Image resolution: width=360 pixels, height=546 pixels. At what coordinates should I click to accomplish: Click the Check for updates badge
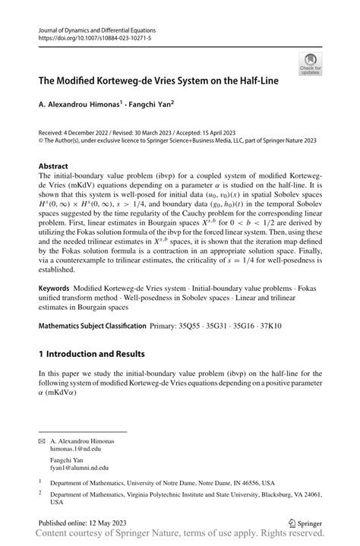(309, 65)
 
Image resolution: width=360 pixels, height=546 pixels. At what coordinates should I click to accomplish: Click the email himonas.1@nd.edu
(80, 449)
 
